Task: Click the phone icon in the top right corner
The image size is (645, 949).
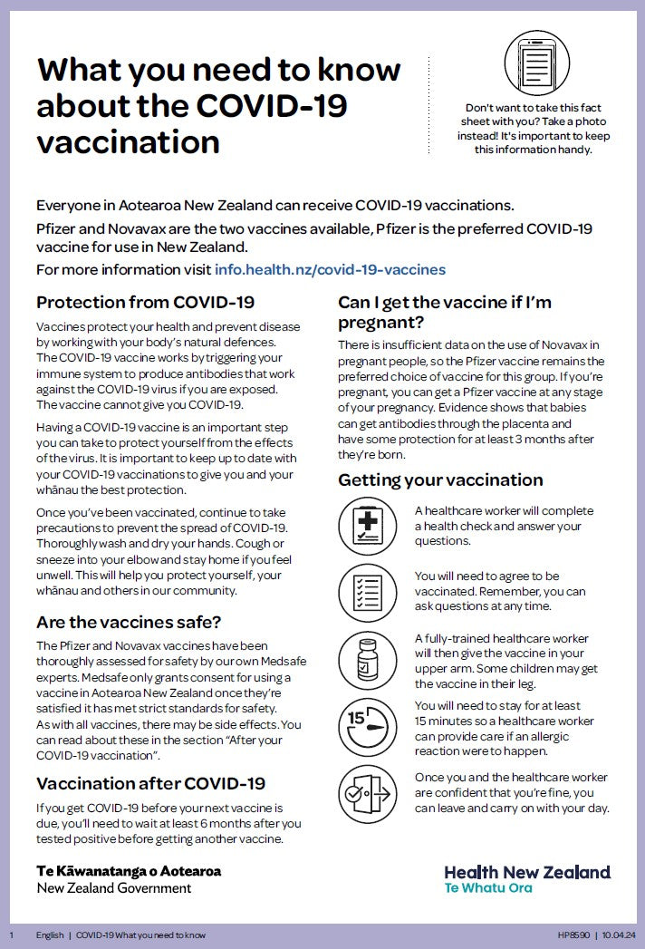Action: [x=536, y=63]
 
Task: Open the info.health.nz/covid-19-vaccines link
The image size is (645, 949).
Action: [x=330, y=269]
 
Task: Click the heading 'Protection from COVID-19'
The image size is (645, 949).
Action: [x=145, y=302]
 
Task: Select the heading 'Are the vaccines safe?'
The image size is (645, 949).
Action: [x=129, y=623]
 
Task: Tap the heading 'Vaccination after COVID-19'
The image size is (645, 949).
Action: [x=150, y=783]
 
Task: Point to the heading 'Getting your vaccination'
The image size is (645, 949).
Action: [x=440, y=479]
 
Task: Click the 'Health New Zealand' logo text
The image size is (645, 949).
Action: [x=527, y=872]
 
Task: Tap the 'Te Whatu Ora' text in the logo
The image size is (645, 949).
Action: [x=488, y=888]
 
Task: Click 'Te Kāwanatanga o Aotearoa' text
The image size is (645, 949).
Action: [x=129, y=871]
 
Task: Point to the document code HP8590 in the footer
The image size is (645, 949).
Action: [x=572, y=934]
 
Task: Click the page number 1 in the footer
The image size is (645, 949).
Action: [x=12, y=934]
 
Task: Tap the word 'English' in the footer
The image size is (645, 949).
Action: [x=50, y=934]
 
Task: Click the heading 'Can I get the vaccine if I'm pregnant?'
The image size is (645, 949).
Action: [x=444, y=312]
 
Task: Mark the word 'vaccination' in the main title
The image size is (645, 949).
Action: [x=128, y=141]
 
